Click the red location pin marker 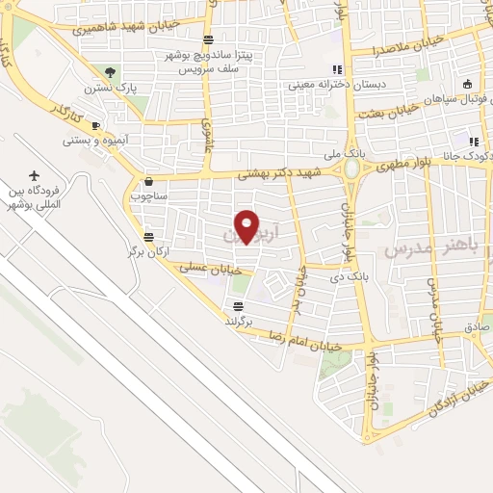tap(247, 225)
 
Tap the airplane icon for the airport tap(36, 176)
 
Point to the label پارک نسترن tap(110, 88)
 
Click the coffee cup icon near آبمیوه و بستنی tap(95, 125)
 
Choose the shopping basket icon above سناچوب tap(148, 180)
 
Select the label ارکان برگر tap(148, 251)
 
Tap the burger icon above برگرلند tap(237, 307)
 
